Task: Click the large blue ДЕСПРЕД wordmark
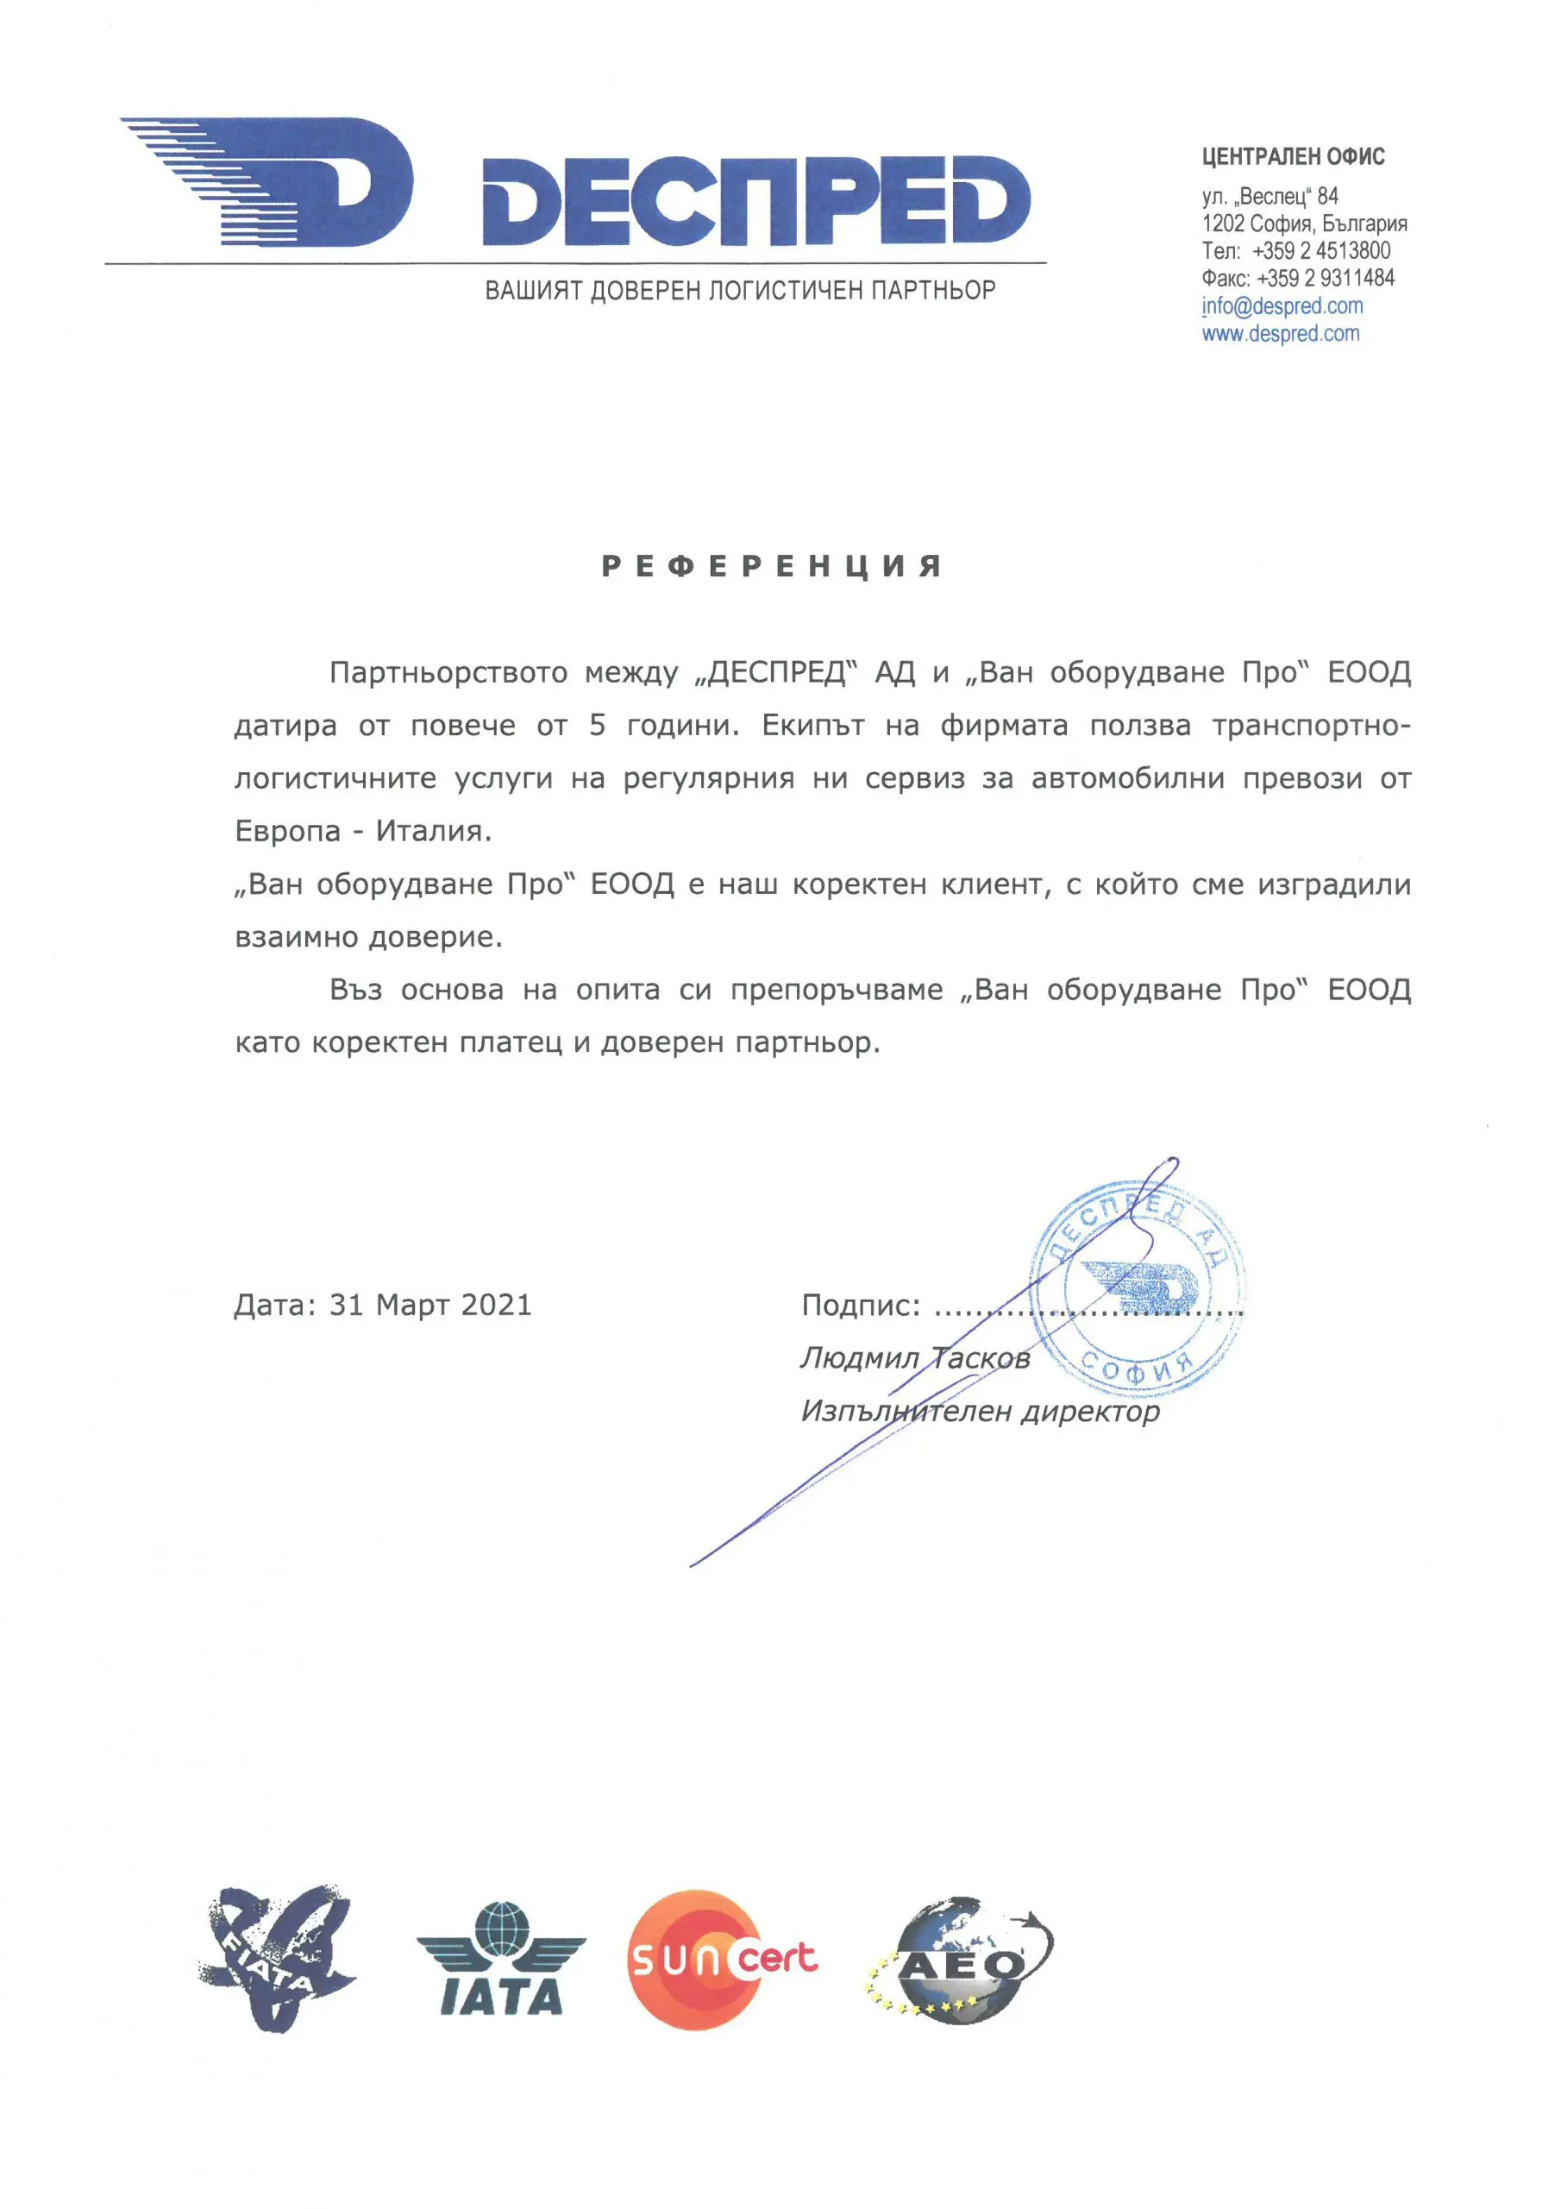point(755,200)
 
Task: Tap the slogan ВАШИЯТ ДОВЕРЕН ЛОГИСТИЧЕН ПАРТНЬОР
point(740,291)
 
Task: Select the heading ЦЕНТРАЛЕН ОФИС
point(1293,157)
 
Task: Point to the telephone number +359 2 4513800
point(1320,251)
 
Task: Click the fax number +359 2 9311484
point(1325,278)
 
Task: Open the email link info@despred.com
point(1282,306)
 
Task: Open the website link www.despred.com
point(1280,334)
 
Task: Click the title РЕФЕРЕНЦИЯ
point(771,566)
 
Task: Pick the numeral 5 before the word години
point(598,726)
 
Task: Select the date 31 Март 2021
point(430,1306)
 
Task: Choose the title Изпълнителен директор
point(980,1412)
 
